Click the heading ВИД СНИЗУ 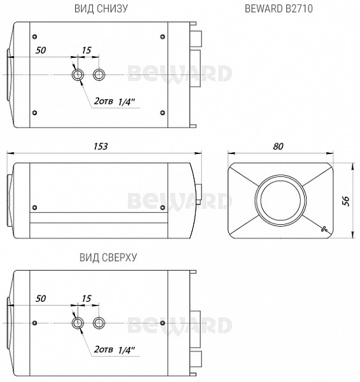(x=101, y=8)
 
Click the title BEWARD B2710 (x=279, y=8)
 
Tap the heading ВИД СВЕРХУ (x=108, y=257)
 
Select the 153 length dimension (x=100, y=146)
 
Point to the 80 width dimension (x=278, y=146)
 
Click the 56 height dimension (x=346, y=201)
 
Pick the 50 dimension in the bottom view (x=41, y=50)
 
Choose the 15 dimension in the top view (x=87, y=299)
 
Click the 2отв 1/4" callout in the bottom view (x=114, y=101)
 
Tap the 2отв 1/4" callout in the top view (x=114, y=350)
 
